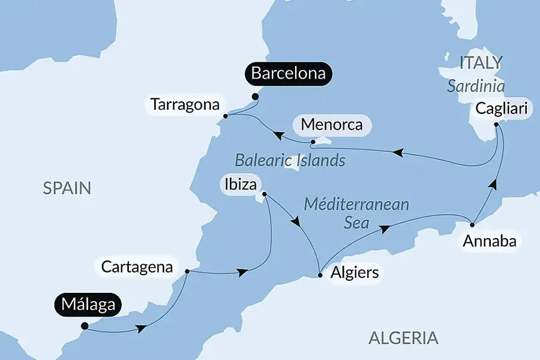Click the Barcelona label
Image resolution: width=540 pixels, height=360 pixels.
(289, 74)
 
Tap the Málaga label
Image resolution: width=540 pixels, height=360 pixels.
(86, 304)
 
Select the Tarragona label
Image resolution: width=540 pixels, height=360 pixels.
(185, 104)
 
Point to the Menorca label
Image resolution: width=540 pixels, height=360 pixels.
(332, 125)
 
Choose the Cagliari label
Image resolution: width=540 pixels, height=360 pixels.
(501, 109)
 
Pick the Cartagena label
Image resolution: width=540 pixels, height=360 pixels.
(137, 266)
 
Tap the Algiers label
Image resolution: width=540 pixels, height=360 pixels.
(355, 273)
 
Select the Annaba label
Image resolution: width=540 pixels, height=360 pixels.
(488, 242)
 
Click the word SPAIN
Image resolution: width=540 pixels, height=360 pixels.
(67, 188)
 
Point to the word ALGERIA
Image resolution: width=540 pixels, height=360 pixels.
(403, 338)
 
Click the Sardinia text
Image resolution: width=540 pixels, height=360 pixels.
(476, 86)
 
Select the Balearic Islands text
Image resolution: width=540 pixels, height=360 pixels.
(290, 160)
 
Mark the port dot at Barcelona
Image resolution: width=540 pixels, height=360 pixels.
(255, 96)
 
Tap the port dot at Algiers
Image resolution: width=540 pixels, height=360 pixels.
(320, 275)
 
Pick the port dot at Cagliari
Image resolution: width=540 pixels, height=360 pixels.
(496, 125)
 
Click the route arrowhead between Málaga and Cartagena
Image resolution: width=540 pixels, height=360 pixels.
(141, 329)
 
